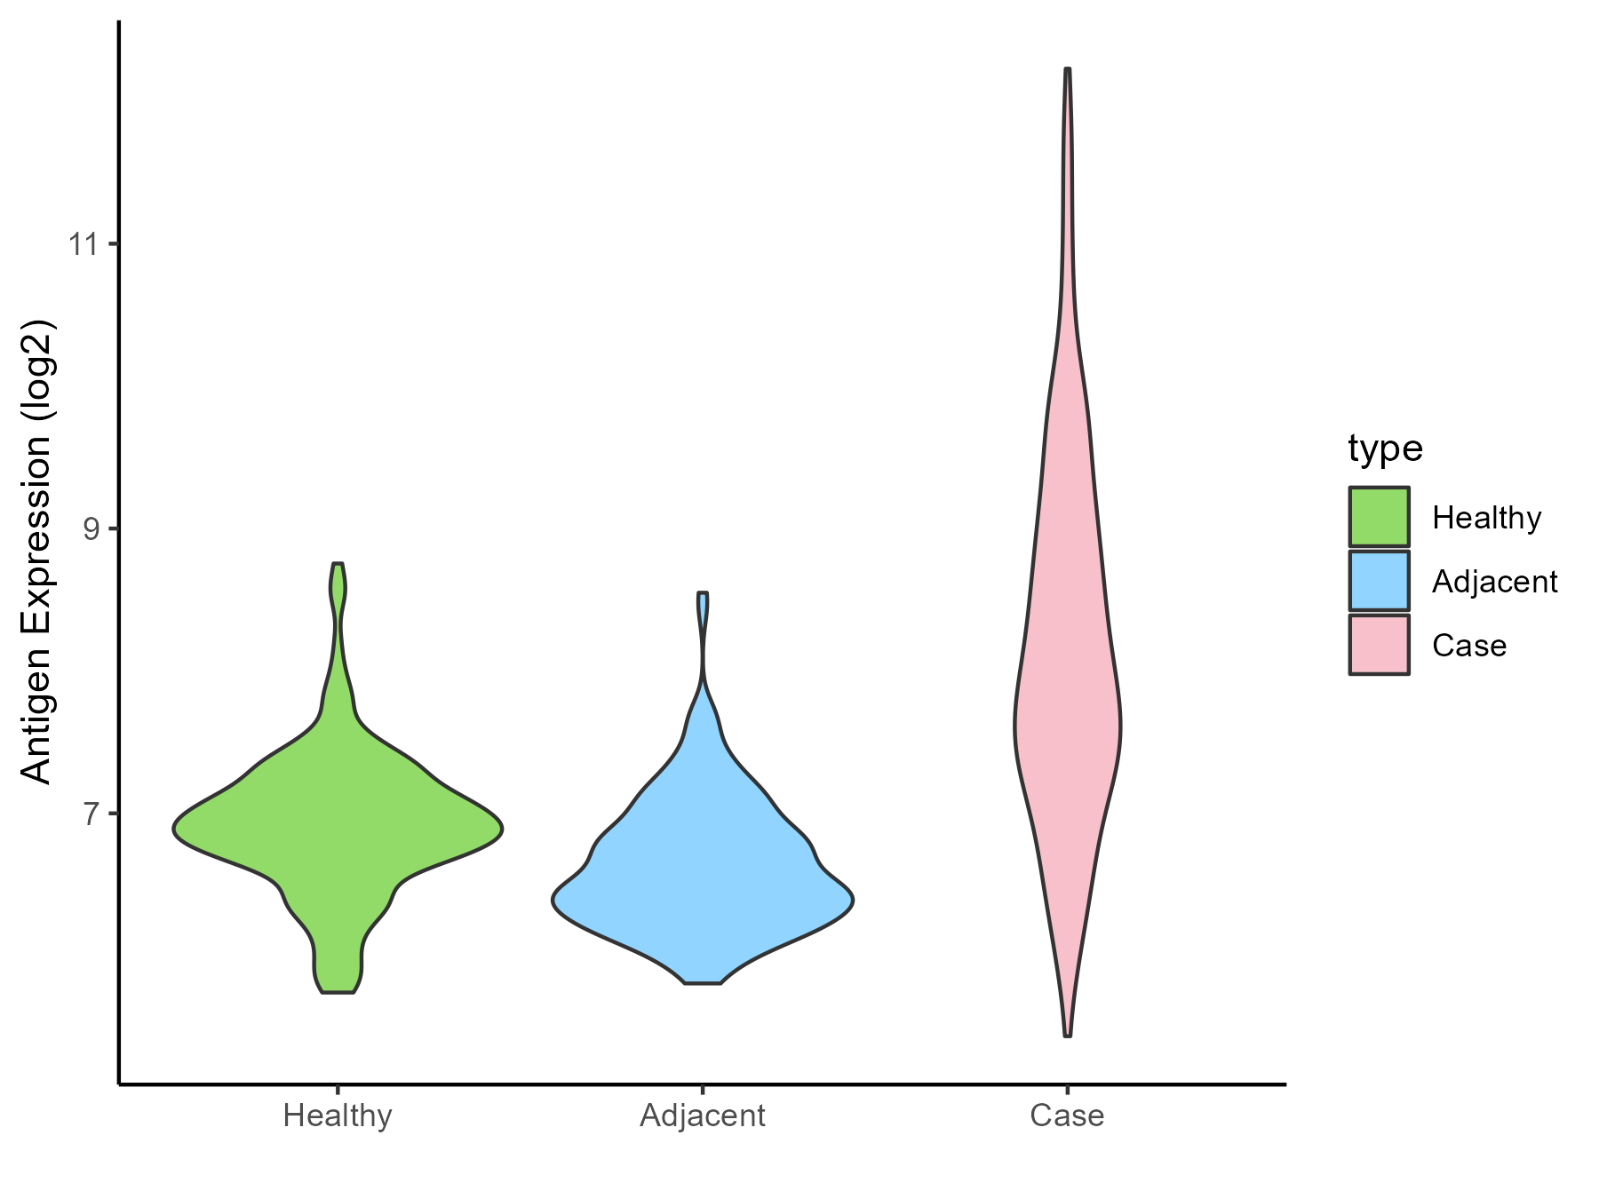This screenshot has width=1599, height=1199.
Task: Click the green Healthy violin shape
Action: [338, 826]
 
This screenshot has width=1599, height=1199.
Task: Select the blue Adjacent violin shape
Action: [702, 888]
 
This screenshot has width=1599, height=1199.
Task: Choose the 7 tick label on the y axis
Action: [92, 814]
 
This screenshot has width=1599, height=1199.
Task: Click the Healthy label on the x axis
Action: [338, 1116]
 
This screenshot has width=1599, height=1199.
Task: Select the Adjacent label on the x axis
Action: [702, 1116]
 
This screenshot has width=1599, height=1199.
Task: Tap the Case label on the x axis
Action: [1067, 1116]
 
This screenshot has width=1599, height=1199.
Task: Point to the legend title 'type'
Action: [1385, 449]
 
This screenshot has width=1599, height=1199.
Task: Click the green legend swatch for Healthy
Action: [1379, 517]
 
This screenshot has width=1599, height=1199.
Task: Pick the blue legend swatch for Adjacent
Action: [1379, 581]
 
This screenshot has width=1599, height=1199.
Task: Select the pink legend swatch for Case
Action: [1379, 645]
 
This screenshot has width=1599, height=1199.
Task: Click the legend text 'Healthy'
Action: [1486, 518]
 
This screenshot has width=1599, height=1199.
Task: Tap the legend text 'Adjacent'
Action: [1494, 582]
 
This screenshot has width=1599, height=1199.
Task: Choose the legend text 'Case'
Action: [1468, 646]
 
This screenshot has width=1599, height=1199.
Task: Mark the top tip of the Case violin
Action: [1067, 70]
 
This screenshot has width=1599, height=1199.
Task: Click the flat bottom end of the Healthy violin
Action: [338, 990]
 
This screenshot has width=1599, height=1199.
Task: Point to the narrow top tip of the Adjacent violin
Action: [703, 594]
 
